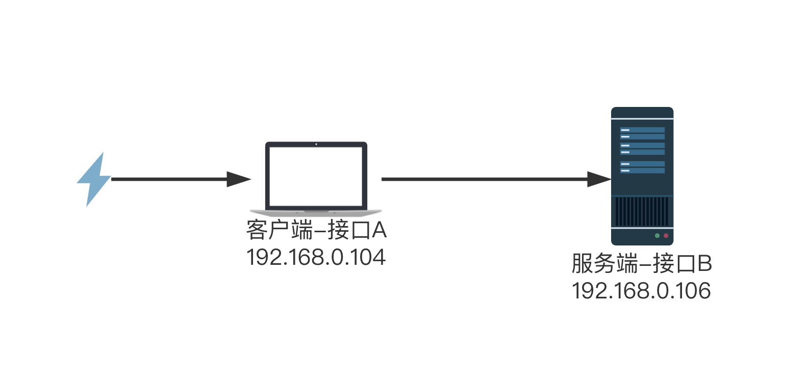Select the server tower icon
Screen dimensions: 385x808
tap(642, 176)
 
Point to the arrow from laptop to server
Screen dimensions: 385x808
tap(485, 179)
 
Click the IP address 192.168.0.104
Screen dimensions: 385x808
tap(316, 257)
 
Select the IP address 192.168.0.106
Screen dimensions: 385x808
tap(641, 291)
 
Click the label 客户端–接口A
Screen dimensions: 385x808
tap(316, 230)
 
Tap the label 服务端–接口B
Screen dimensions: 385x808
tap(641, 264)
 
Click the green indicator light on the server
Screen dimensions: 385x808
tap(658, 236)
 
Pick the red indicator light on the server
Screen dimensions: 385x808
tap(666, 236)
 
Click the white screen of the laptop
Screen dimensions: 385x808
tap(316, 176)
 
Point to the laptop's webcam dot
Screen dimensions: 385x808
tap(316, 144)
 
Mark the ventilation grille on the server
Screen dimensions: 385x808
tap(642, 211)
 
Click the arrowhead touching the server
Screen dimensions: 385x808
tap(599, 179)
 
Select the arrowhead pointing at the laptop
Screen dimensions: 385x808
tap(239, 179)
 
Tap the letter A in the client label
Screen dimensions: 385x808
tap(379, 230)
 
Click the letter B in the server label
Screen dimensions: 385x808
tap(704, 264)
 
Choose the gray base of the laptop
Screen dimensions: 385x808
tap(316, 211)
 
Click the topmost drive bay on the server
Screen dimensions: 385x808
tap(642, 130)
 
